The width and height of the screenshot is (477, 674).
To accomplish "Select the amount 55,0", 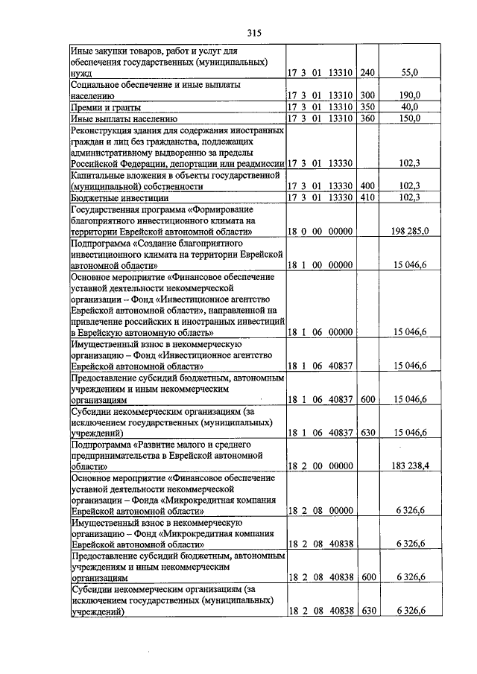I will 411,73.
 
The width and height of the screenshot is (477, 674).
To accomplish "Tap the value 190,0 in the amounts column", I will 411,95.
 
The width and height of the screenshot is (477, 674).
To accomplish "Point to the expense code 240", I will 367,73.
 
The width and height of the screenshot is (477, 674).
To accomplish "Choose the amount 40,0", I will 411,106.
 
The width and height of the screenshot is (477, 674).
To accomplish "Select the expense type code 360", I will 367,118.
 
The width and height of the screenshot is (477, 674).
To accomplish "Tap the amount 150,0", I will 411,118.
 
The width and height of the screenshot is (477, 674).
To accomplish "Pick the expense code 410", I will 367,198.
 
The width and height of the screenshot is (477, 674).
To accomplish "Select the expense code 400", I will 367,186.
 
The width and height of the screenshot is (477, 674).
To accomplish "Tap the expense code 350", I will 367,106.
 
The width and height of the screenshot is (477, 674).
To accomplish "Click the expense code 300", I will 367,95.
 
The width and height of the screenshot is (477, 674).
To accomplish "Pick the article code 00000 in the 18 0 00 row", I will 340,232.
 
